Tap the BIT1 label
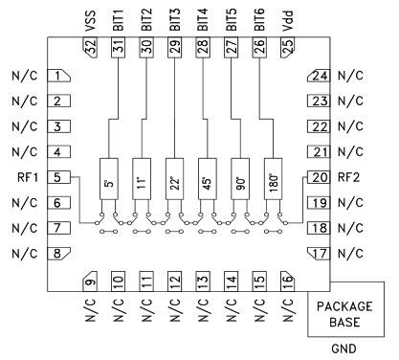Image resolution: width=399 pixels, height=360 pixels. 119,19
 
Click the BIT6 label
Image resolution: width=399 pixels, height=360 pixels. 258,19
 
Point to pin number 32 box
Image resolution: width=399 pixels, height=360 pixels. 92,51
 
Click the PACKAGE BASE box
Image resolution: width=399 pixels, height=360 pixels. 344,313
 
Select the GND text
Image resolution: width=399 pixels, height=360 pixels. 344,350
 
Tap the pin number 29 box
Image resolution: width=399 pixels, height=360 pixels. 174,51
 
